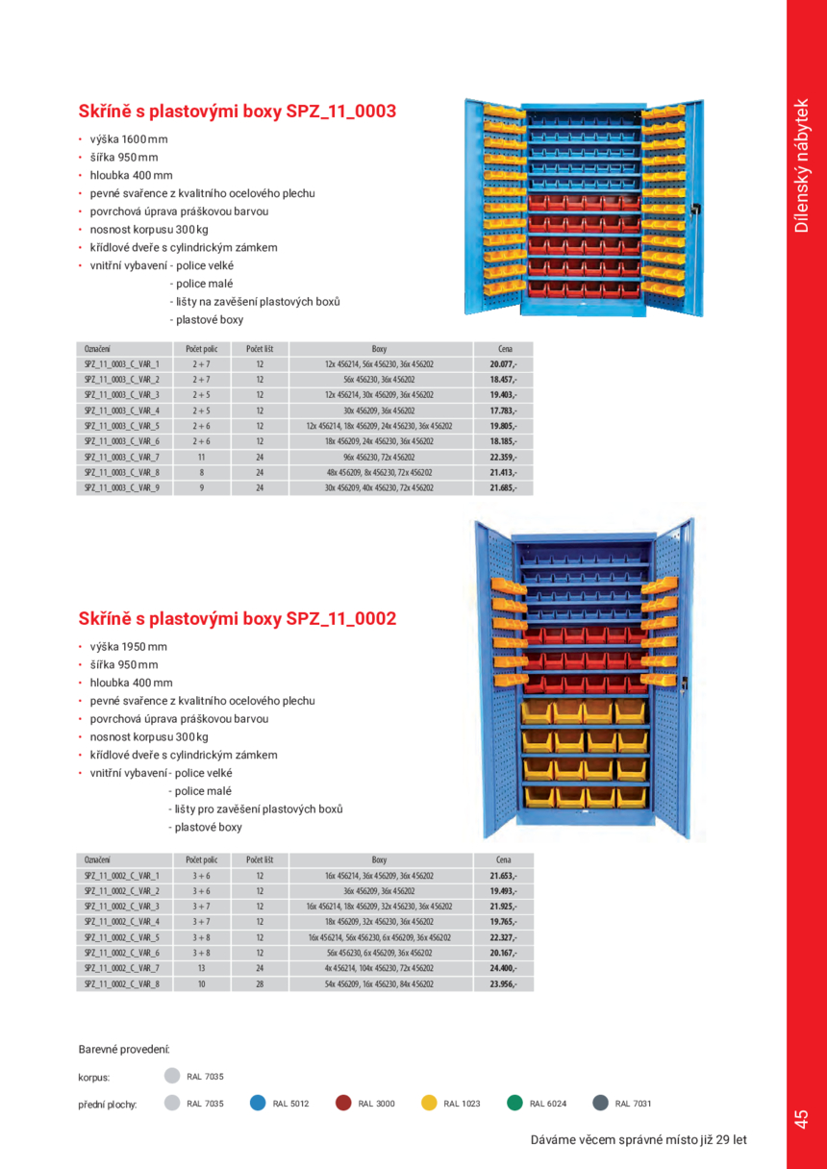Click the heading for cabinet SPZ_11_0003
click(237, 112)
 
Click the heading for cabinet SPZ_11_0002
click(237, 619)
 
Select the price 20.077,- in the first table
click(502, 365)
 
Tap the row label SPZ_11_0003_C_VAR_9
click(121, 488)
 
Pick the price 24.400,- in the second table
click(502, 968)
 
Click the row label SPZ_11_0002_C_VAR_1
click(121, 876)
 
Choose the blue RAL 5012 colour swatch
click(258, 1104)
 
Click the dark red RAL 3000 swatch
click(343, 1104)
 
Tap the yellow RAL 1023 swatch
click(429, 1104)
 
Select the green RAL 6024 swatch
click(514, 1104)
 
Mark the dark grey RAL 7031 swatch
click(600, 1104)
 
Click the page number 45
click(801, 1119)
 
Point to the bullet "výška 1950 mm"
click(128, 647)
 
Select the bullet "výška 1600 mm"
click(128, 139)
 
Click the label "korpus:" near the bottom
click(94, 1078)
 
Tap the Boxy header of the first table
click(379, 349)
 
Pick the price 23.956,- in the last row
click(502, 984)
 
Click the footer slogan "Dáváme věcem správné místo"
click(639, 1140)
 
